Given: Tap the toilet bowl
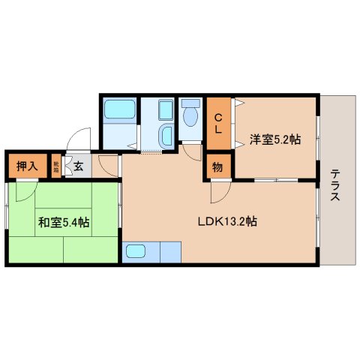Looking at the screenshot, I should coord(189,117).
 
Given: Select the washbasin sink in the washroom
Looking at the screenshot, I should coord(166,135).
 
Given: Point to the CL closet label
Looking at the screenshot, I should coord(218,123).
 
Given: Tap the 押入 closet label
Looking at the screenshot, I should coord(28,166).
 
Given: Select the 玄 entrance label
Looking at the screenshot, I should coord(78,166).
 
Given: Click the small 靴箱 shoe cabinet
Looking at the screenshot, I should coord(56,166).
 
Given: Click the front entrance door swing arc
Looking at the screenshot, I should coord(77,140).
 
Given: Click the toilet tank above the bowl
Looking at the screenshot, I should coord(189,103).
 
